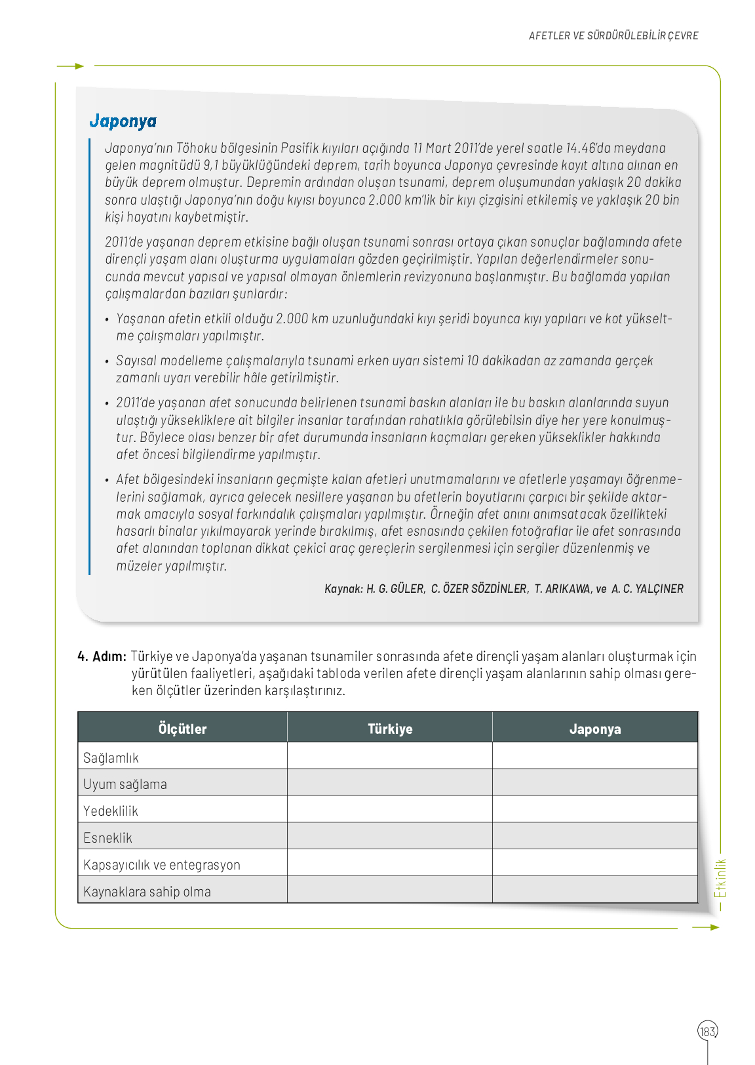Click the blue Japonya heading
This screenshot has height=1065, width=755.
coord(123,121)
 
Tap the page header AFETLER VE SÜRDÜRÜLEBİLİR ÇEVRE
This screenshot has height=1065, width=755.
coord(613,36)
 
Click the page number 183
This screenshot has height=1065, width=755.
coord(708,1032)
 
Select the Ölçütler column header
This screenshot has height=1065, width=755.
coord(182,729)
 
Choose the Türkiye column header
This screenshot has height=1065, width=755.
coord(390,729)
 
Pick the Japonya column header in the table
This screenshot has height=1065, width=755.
coord(595,729)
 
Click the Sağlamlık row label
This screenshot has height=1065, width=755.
coord(111,758)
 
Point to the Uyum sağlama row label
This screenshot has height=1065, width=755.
coord(125,784)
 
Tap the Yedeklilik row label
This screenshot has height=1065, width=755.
coord(111,811)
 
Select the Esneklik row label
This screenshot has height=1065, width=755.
coord(108,838)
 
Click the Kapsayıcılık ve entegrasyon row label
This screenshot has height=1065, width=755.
coord(162,865)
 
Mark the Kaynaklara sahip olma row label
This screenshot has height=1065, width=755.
coord(147,892)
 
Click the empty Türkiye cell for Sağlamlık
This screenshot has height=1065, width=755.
coord(390,756)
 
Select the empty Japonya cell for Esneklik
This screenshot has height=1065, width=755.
coord(595,836)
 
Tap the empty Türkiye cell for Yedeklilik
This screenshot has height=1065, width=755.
coord(390,809)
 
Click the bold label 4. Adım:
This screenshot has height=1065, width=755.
coord(102,656)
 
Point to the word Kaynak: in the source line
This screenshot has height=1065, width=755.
coord(343,589)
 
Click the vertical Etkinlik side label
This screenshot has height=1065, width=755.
coord(720,879)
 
